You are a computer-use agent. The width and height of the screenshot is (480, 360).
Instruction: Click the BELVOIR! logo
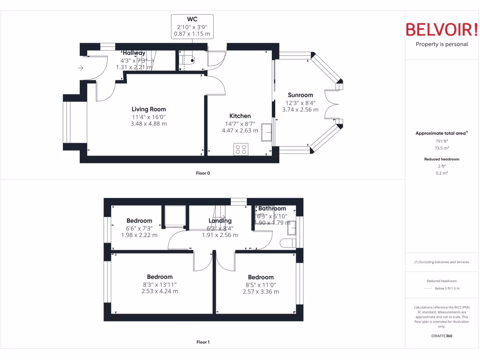[442, 30]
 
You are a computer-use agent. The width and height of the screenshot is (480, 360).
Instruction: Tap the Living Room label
[149, 109]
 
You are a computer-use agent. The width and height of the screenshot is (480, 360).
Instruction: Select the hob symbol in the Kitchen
[241, 149]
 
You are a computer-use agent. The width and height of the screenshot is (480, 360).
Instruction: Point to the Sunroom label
[300, 95]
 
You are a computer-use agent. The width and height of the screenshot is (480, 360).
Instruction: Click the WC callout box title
[192, 19]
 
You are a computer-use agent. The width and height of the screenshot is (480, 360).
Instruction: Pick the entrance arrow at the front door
[81, 68]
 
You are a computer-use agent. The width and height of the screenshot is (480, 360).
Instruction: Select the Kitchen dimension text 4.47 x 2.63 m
[240, 131]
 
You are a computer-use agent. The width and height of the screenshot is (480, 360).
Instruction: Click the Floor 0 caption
[202, 173]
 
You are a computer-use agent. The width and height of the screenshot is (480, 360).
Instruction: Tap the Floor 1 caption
[202, 342]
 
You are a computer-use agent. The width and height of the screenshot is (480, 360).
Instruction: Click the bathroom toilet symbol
[287, 242]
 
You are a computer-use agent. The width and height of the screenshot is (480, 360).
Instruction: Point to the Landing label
[220, 220]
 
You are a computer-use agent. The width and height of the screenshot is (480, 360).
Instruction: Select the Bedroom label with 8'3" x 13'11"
[159, 277]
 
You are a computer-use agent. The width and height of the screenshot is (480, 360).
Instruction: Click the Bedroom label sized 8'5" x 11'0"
[261, 277]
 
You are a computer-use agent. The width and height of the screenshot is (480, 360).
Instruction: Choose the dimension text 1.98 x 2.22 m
[139, 235]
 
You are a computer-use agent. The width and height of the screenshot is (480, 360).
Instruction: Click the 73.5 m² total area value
[442, 147]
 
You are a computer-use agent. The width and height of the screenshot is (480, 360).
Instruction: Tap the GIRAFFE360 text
[442, 336]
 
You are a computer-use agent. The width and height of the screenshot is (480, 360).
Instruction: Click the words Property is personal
[442, 44]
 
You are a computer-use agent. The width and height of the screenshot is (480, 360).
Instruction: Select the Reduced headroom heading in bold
[442, 159]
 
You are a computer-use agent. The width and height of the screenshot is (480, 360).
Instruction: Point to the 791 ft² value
[442, 141]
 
